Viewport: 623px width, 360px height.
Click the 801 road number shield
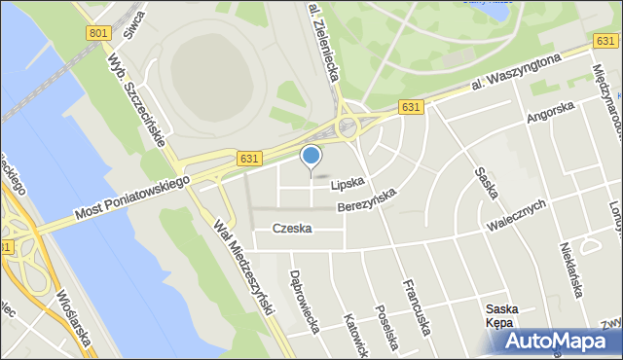tap(97, 33)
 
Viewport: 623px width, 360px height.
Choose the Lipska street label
tap(347, 183)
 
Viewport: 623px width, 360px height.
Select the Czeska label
tap(292, 229)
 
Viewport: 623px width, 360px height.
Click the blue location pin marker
tap(311, 157)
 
